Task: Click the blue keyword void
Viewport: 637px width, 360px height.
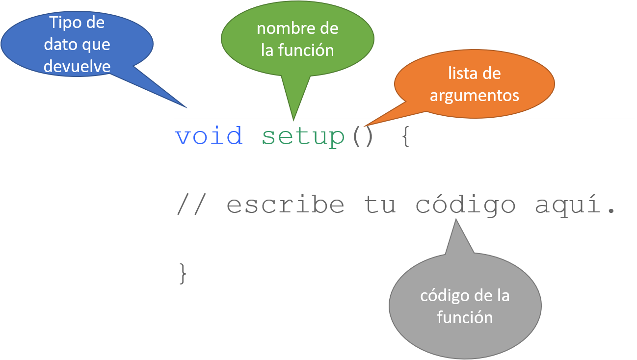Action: coord(209,136)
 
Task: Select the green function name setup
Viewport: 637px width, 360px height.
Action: coord(303,137)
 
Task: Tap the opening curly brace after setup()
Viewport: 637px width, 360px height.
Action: coord(405,137)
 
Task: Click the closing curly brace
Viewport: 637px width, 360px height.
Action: coord(183,273)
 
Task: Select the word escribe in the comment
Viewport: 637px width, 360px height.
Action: coord(286,205)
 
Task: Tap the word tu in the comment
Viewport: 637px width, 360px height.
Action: coord(380,205)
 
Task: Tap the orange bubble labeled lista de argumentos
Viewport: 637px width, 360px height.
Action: coord(474,84)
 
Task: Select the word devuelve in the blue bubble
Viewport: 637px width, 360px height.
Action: coord(77,66)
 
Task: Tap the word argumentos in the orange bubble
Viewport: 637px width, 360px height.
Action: coord(474,95)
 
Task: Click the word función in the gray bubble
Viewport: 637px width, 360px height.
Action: coord(465,317)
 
